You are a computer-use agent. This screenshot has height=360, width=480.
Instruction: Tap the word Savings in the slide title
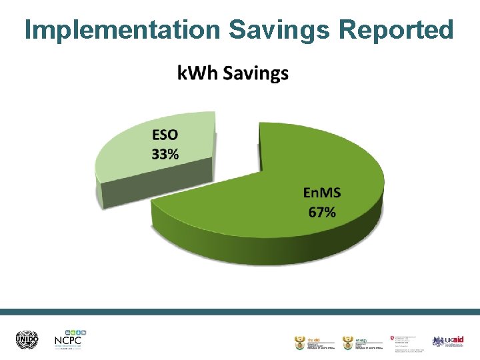coord(280,29)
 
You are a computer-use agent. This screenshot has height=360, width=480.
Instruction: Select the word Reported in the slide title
coord(396,29)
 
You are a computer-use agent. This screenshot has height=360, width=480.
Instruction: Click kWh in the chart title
coord(198,73)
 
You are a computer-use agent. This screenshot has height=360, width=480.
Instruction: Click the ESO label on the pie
coord(165,135)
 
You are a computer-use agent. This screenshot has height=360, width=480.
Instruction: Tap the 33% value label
coord(165,154)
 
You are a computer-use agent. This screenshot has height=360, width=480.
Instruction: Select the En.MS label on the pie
coord(322,193)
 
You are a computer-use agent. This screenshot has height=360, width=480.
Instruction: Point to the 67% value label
coord(322,213)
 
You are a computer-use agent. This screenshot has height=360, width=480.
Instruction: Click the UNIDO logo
coord(27,340)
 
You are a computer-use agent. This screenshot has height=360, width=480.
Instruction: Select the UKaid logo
coord(447,341)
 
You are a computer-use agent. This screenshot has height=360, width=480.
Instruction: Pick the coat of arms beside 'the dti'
coord(299,343)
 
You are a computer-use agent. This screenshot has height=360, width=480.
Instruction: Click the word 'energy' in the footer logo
coord(361,338)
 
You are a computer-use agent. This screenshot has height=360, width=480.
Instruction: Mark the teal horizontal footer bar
coord(240,311)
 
